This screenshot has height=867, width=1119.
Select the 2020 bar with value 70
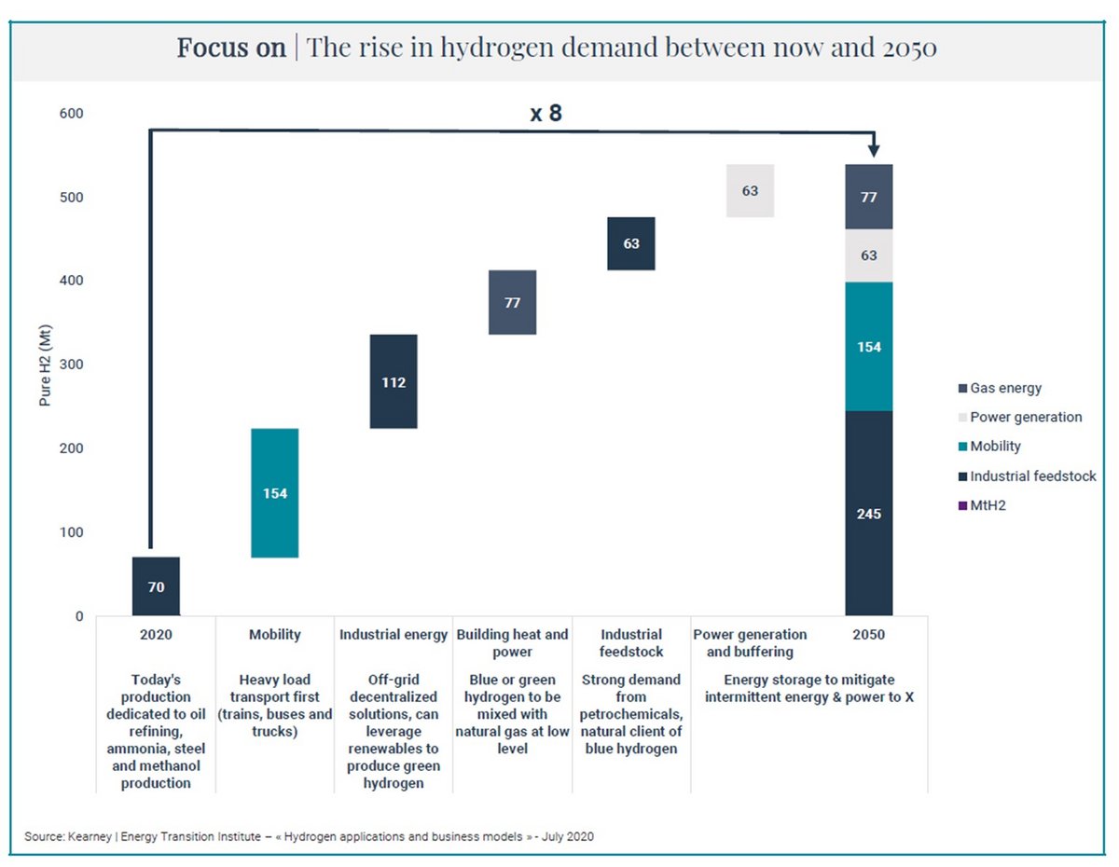[x=156, y=586]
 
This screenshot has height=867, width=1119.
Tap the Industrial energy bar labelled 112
[x=393, y=381]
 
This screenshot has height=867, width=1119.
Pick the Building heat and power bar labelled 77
[x=512, y=302]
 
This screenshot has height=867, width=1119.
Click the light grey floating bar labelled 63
[x=750, y=190]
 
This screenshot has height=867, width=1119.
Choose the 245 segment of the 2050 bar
[x=868, y=514]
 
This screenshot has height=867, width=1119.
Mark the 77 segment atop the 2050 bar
[x=868, y=197]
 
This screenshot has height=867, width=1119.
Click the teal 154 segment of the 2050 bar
[x=868, y=347]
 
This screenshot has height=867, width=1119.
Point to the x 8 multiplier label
[x=546, y=114]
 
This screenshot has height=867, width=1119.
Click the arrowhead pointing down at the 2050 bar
[x=874, y=149]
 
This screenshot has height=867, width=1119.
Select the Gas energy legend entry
[x=1004, y=388]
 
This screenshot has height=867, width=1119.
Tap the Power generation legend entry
[x=1025, y=417]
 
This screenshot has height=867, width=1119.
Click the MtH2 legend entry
[x=989, y=505]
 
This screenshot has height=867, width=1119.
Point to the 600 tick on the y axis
[x=72, y=114]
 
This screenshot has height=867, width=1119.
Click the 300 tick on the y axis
[x=72, y=365]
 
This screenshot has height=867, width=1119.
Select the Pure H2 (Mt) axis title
[x=44, y=364]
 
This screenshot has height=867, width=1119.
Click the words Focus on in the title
[x=231, y=48]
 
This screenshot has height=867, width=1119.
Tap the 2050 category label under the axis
[x=868, y=635]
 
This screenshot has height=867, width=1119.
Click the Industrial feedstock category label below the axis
[x=630, y=643]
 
